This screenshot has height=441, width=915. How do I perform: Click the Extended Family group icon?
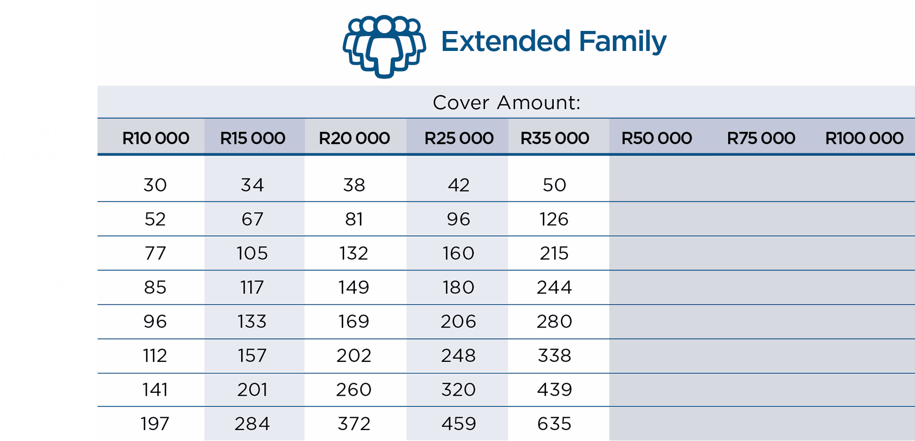click(x=384, y=46)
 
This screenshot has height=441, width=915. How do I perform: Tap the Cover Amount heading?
click(x=506, y=102)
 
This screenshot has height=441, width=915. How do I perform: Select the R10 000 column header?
click(x=155, y=138)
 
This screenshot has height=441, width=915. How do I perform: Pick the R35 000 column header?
click(x=554, y=138)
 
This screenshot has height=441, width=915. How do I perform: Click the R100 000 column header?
click(x=864, y=138)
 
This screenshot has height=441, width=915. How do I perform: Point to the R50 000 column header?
click(x=656, y=138)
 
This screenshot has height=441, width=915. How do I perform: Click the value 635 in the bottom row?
click(x=554, y=424)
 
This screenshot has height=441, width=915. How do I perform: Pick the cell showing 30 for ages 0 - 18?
click(x=155, y=185)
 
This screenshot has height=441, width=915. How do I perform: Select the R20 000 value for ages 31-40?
click(x=354, y=253)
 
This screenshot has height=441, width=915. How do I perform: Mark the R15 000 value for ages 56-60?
click(x=252, y=356)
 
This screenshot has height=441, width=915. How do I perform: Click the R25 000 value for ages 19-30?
click(x=458, y=219)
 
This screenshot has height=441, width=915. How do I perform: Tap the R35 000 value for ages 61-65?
click(x=554, y=390)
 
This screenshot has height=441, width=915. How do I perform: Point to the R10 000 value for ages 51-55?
click(x=155, y=321)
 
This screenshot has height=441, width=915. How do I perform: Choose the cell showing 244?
click(x=554, y=288)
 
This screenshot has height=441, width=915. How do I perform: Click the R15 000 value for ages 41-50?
click(x=252, y=288)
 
